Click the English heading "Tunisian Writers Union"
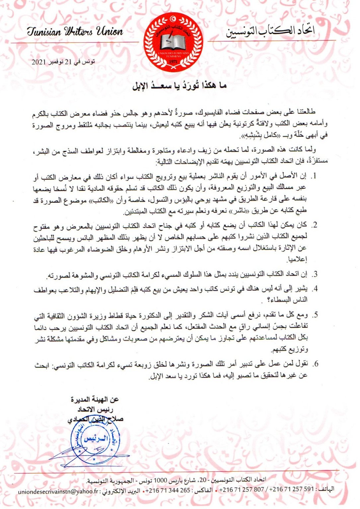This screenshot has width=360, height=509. (x=75, y=32)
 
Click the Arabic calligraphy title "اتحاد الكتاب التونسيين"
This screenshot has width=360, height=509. (x=270, y=32)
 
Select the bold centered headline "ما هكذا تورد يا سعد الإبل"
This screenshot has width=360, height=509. (x=180, y=86)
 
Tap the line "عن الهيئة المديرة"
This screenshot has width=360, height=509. (x=95, y=400)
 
